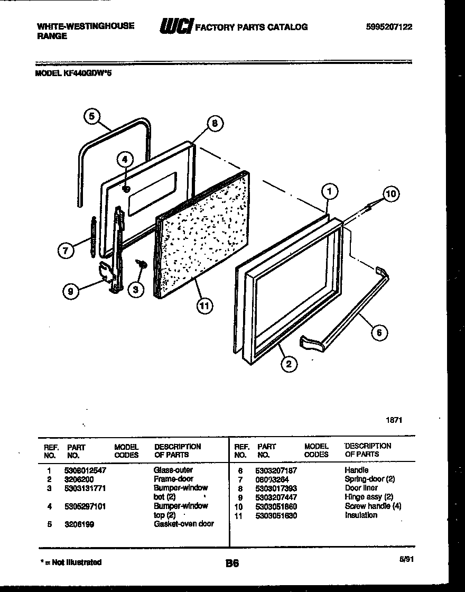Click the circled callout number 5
click(92, 116)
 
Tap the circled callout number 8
click(215, 124)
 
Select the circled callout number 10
click(390, 193)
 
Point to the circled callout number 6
click(378, 332)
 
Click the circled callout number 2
click(289, 363)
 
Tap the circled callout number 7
click(66, 251)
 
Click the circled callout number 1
click(329, 191)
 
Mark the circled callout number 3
click(136, 289)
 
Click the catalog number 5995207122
click(388, 26)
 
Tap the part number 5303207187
click(276, 470)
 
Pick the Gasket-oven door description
click(184, 524)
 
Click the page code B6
click(232, 563)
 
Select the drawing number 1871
click(394, 420)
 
